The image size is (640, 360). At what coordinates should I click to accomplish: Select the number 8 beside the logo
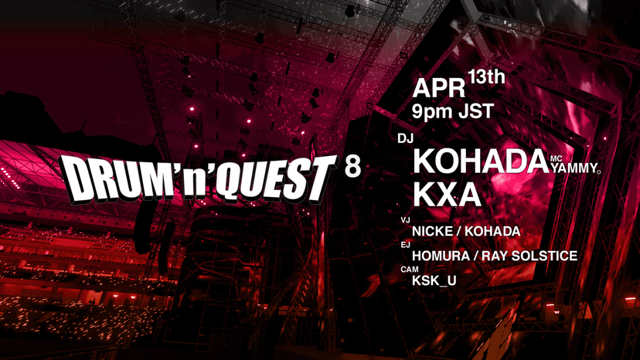(352, 167)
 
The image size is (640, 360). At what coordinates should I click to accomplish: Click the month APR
(439, 89)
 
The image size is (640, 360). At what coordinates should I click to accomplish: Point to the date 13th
(487, 77)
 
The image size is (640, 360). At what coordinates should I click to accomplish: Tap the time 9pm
(433, 112)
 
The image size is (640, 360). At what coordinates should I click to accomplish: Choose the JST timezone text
(476, 111)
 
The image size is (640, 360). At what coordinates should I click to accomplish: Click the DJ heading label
(406, 139)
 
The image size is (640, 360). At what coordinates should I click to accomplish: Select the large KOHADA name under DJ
(481, 161)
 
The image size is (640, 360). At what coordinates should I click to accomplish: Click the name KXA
(447, 195)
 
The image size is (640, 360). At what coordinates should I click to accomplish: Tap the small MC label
(557, 159)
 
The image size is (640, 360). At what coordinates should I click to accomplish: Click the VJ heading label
(405, 220)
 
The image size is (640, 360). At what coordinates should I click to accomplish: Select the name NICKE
(432, 232)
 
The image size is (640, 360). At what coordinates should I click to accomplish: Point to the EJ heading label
(405, 245)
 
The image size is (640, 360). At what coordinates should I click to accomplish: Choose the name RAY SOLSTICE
(529, 256)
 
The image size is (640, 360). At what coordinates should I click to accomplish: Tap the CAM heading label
(410, 270)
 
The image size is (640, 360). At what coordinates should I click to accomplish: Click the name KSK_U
(434, 280)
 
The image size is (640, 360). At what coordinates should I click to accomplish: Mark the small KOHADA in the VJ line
(492, 232)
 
